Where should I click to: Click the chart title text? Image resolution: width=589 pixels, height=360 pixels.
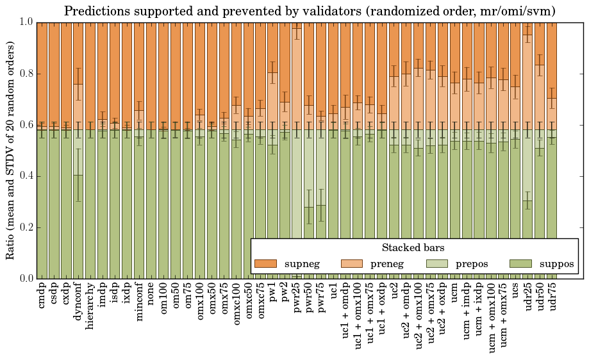310,11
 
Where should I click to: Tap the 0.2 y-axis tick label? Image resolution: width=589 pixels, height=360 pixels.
26,227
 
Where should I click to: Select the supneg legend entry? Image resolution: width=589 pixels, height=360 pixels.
288,264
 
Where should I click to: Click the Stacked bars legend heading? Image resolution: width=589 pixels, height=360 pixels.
413,248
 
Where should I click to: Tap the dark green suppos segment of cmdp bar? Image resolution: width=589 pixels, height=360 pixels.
42,205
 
